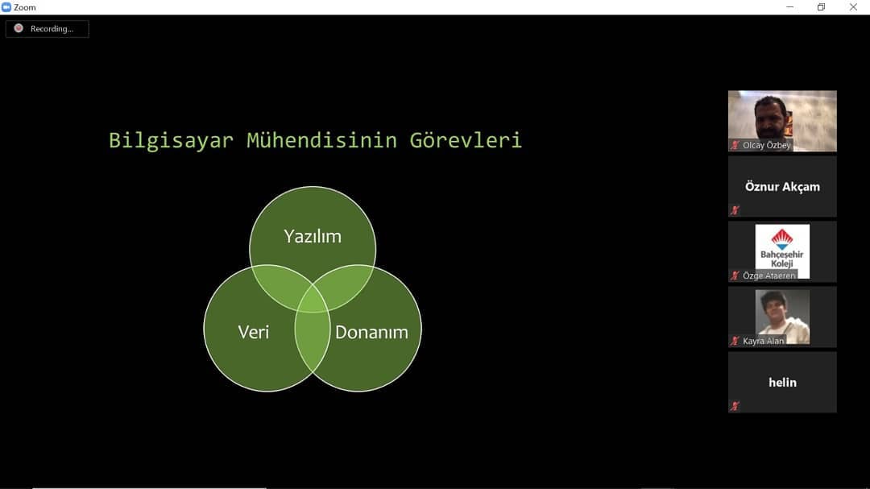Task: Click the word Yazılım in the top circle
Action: tap(313, 237)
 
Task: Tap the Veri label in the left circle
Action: tap(254, 332)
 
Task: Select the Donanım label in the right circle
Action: tap(371, 332)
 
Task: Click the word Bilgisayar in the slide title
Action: tap(171, 140)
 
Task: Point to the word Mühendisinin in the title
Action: tap(321, 140)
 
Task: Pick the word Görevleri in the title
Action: tap(466, 140)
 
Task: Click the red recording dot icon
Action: tap(19, 28)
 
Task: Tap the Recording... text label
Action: tap(52, 29)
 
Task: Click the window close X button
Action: tap(853, 7)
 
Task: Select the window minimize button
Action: tap(790, 7)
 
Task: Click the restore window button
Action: tap(821, 7)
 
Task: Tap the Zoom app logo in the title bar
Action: tap(6, 7)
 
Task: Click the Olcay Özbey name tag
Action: tap(767, 146)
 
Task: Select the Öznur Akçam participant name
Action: tap(782, 187)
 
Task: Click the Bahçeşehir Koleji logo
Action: tap(782, 251)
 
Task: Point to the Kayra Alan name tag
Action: tap(764, 341)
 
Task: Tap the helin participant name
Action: tap(782, 383)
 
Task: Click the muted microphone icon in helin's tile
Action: tap(735, 406)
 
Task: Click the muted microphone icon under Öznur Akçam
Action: tap(735, 210)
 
